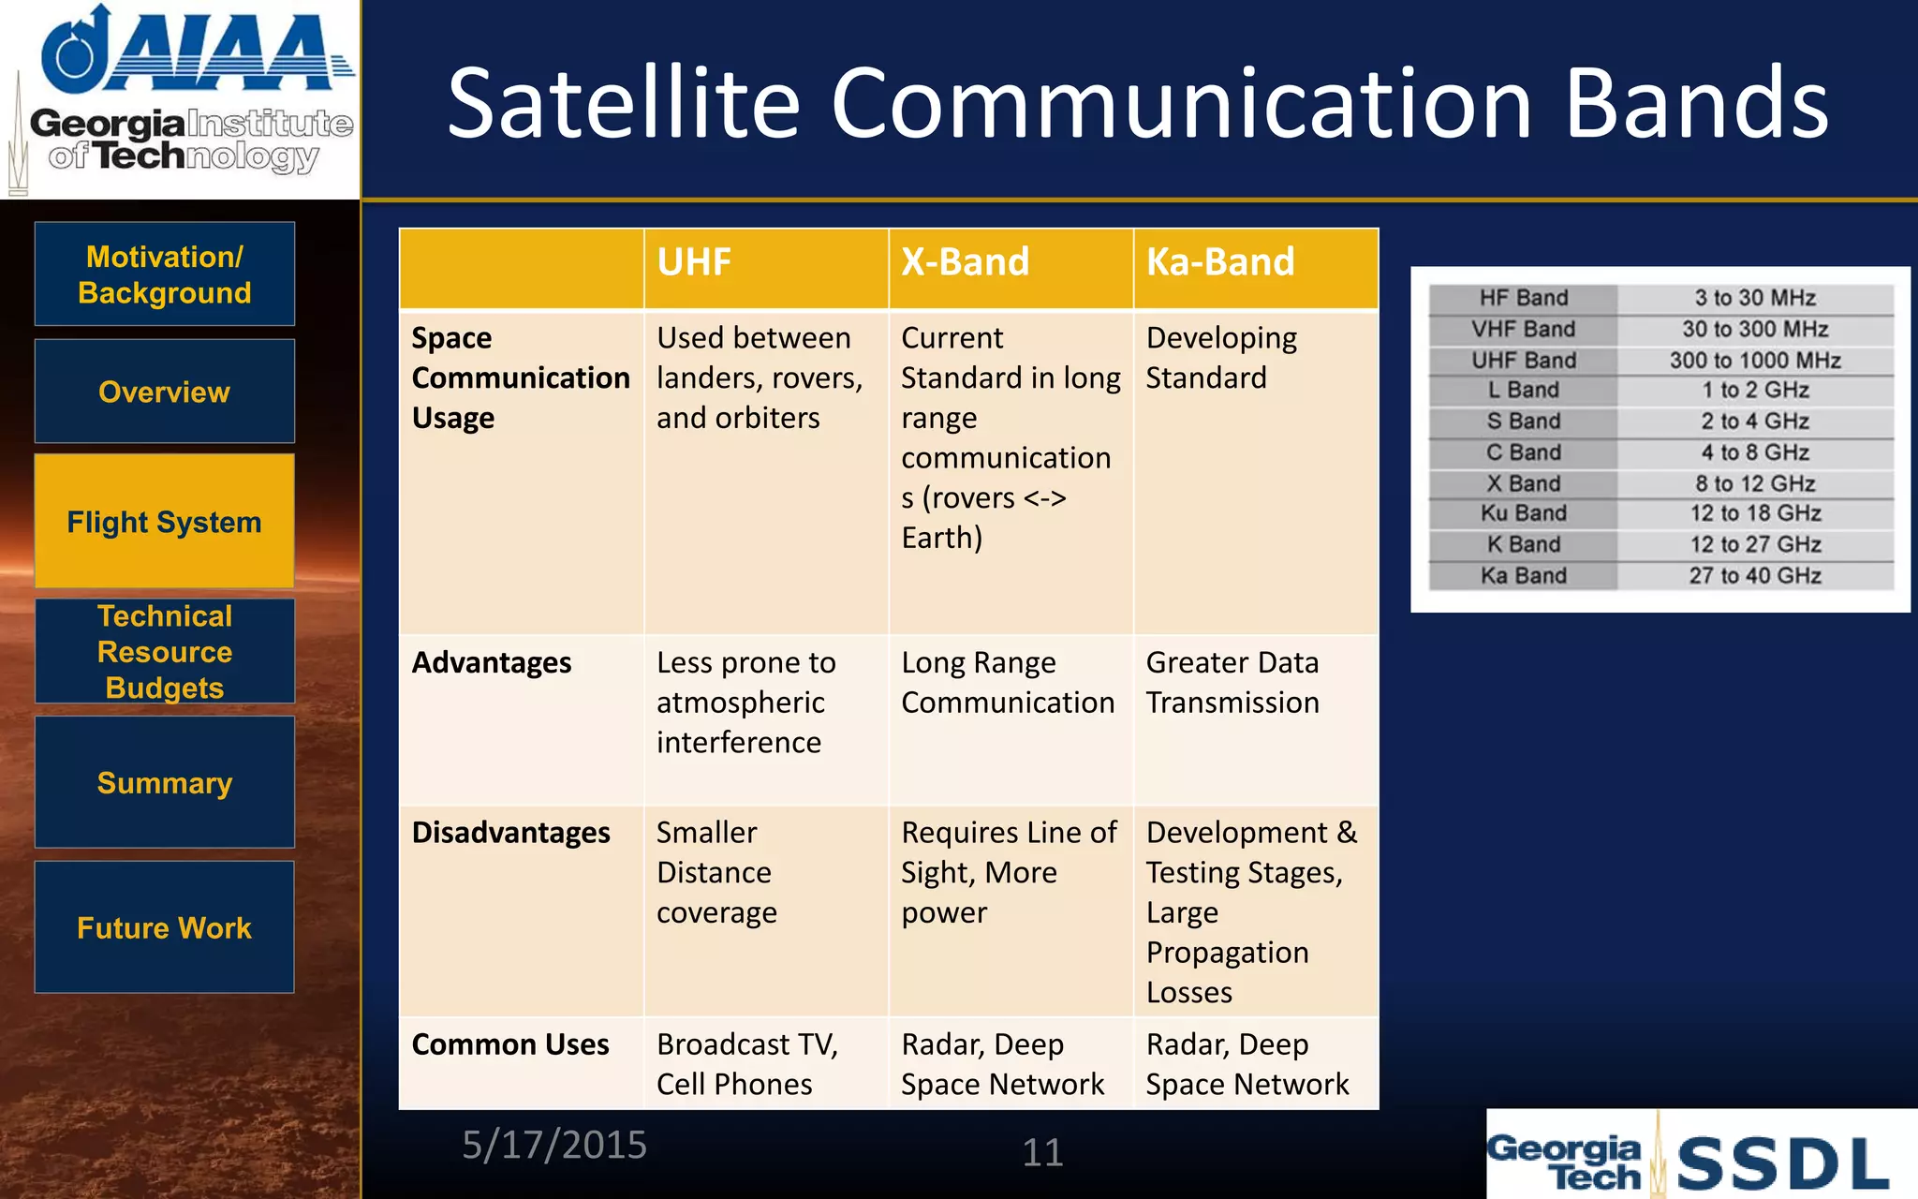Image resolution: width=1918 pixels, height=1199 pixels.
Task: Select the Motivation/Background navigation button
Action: coord(165,274)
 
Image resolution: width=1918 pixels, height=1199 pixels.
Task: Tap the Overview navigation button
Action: coord(165,392)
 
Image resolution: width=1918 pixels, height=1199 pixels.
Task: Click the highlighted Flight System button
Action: coord(165,522)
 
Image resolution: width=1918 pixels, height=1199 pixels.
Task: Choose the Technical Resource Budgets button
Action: coord(165,651)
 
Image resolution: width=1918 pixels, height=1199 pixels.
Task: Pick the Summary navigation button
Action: coord(165,782)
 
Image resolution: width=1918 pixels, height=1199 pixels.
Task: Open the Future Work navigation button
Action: coord(165,927)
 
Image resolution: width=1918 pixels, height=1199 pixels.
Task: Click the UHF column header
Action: coord(694,262)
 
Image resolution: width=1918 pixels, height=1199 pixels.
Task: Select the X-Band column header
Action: coord(965,262)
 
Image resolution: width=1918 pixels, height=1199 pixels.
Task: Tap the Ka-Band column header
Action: coord(1220,262)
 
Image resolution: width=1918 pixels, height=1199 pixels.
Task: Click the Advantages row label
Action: coord(492,662)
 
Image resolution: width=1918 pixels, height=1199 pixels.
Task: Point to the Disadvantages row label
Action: coord(511,833)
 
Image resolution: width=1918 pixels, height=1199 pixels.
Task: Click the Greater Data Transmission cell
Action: coord(1232,682)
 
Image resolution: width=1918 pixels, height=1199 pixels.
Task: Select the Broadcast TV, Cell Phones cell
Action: coord(747,1063)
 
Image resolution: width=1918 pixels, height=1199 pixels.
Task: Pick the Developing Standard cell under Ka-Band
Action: coord(1221,358)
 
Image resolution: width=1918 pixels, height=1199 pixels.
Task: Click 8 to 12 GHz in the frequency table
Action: coord(1755,483)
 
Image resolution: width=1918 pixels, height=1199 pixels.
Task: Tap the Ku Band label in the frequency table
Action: coord(1523,513)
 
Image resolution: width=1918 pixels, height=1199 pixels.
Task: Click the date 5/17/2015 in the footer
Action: coord(554,1145)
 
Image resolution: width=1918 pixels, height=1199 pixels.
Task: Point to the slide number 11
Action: coord(1042,1152)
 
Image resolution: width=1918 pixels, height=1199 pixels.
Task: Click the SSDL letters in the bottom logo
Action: coord(1782,1163)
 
